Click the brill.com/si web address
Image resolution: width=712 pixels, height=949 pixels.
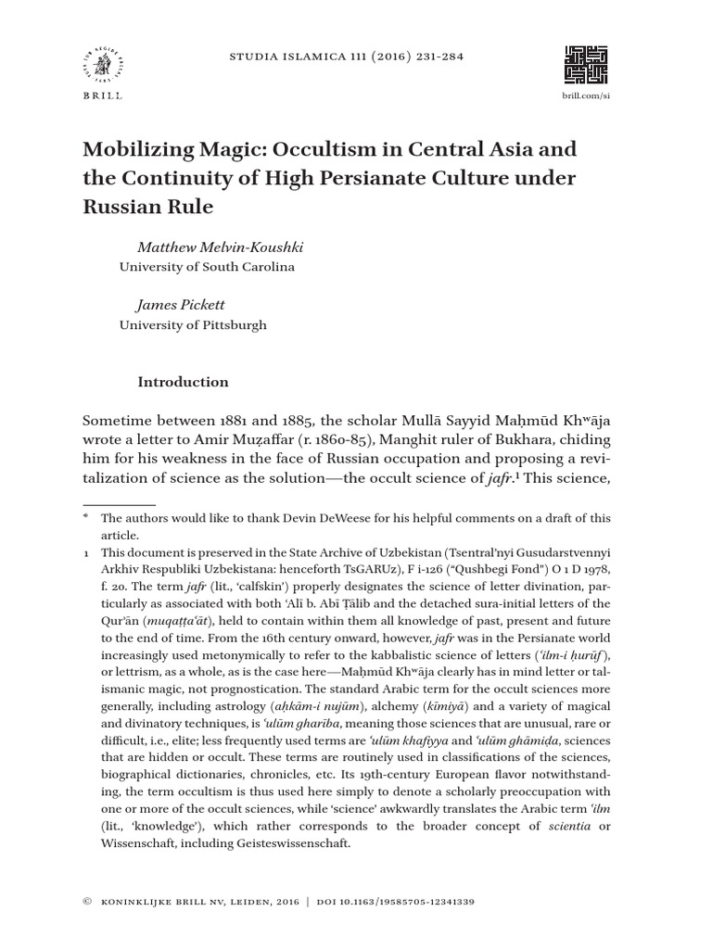click(587, 96)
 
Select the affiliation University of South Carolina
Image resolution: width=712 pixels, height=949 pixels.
click(207, 267)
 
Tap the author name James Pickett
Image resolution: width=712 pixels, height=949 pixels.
click(180, 306)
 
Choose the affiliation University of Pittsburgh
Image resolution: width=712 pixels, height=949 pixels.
click(193, 325)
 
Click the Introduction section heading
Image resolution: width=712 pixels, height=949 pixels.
click(183, 382)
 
